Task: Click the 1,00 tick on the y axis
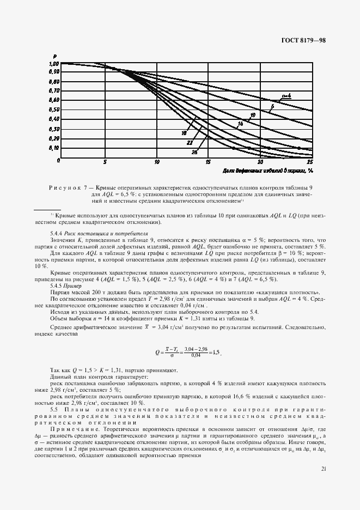pyautogui.click(x=54, y=64)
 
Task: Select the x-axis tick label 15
pyautogui.click(x=208, y=162)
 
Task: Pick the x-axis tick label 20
pyautogui.click(x=260, y=162)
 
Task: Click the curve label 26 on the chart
pyautogui.click(x=194, y=152)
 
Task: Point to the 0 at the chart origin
pyautogui.click(x=57, y=161)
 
